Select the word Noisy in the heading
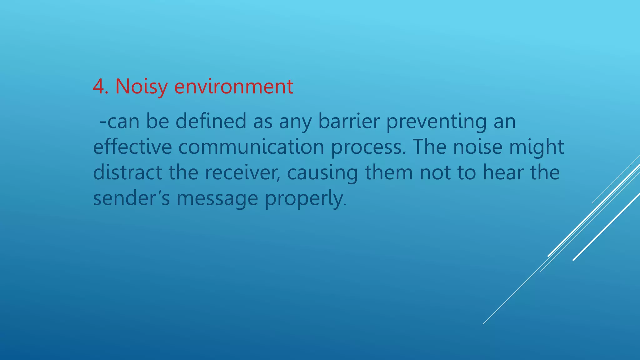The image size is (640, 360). (x=141, y=86)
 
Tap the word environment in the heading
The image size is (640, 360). (x=233, y=86)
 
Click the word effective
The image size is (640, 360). (x=132, y=147)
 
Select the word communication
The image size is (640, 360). (x=251, y=147)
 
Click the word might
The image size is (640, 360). (x=536, y=147)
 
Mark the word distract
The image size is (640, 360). (x=127, y=172)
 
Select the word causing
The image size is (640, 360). (x=322, y=172)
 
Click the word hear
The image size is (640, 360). (x=503, y=172)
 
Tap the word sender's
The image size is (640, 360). (x=131, y=198)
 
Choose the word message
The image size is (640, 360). (x=217, y=198)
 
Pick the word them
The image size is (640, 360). (x=389, y=172)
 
